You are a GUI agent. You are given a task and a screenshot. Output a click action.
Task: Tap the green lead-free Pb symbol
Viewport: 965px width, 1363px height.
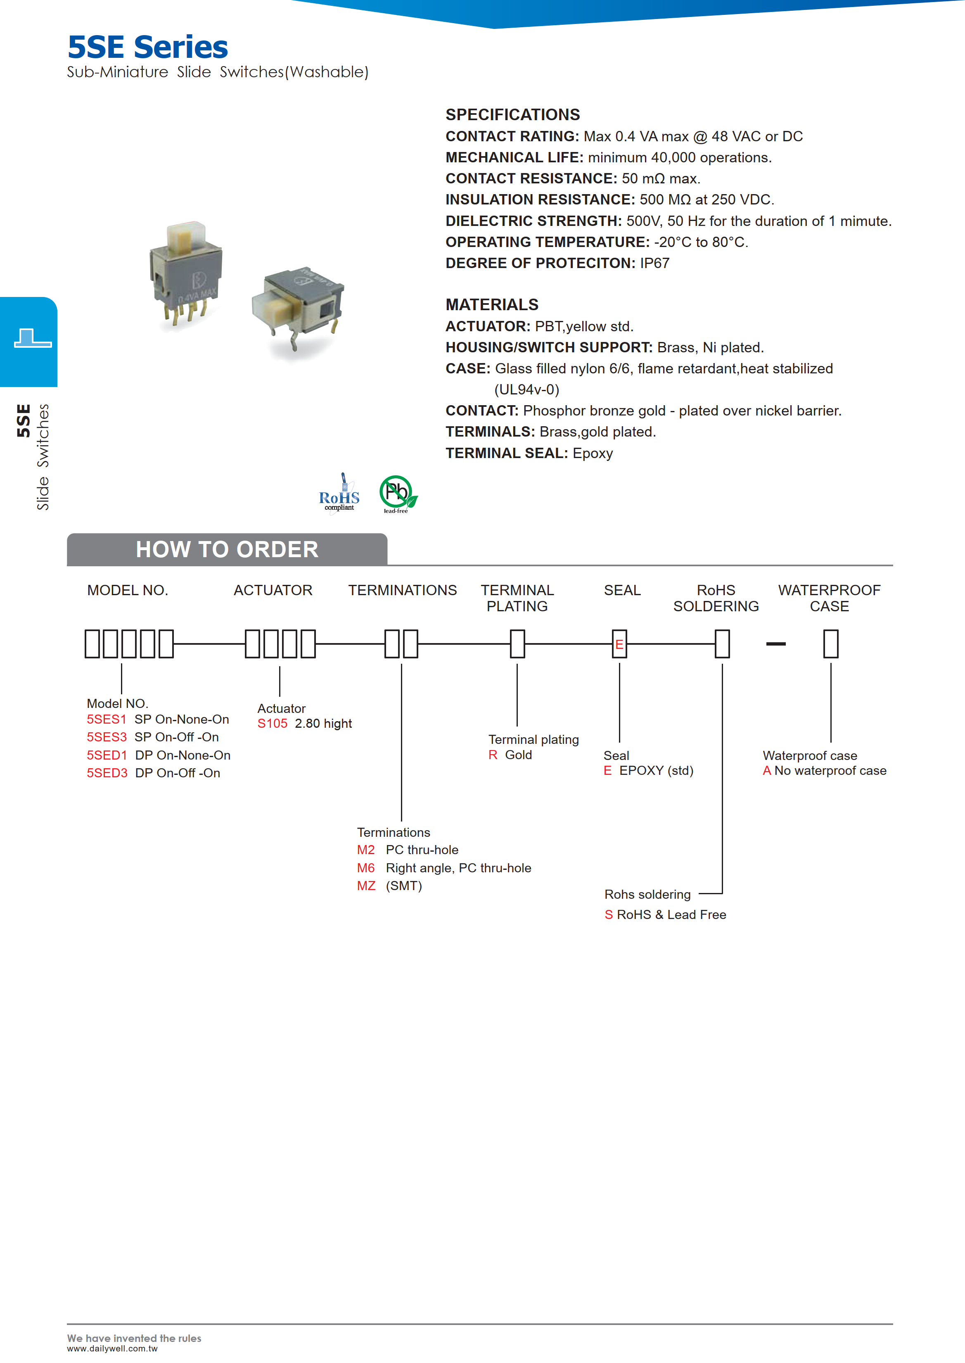click(397, 494)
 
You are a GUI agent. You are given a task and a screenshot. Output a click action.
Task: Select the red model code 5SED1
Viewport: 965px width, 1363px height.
click(107, 755)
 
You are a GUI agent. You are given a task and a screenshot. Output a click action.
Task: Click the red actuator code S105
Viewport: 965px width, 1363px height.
click(272, 723)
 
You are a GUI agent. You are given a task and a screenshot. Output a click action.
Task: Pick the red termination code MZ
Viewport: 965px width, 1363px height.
click(366, 886)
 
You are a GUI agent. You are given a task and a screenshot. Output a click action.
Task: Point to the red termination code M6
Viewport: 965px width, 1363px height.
click(366, 868)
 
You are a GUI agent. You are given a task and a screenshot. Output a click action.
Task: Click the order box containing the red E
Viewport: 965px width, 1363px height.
click(619, 644)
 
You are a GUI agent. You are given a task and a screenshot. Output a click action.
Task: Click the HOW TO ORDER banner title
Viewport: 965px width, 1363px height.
click(227, 549)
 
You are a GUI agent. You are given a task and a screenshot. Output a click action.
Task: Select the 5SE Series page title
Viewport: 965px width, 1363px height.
click(148, 47)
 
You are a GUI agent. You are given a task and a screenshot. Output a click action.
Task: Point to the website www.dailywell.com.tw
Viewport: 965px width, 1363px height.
click(112, 1349)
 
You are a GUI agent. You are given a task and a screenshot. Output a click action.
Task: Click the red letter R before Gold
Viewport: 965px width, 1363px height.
click(493, 755)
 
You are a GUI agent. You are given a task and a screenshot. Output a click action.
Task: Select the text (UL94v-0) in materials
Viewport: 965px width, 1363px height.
click(526, 390)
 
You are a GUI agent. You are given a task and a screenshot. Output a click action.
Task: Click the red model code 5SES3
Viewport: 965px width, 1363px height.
click(107, 737)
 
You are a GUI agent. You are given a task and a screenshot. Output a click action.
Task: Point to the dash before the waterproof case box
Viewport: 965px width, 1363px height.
click(775, 644)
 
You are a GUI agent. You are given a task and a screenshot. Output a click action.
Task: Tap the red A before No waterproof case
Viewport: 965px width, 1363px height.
click(766, 771)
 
